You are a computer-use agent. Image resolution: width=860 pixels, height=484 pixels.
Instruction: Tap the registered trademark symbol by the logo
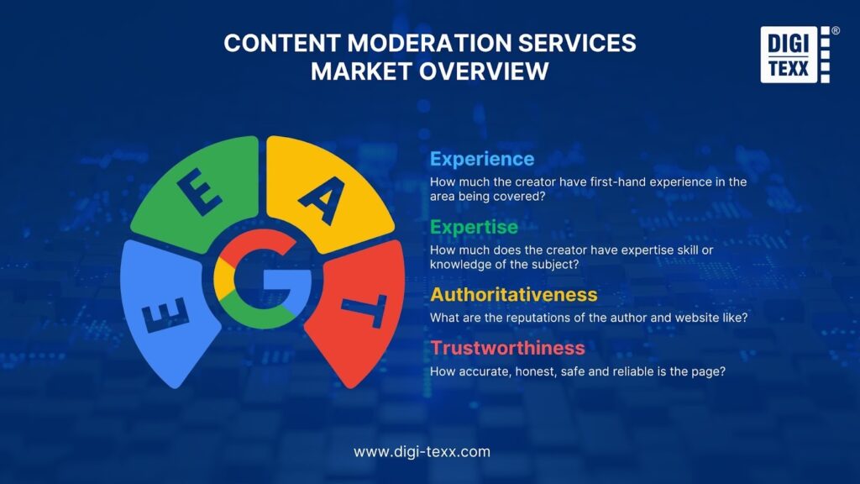(x=836, y=31)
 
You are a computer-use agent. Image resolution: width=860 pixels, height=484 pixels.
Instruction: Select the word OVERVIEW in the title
(x=483, y=71)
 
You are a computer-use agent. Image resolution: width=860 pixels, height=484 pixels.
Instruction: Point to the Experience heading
(x=482, y=159)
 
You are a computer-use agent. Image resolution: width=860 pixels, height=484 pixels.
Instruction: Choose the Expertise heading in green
(x=474, y=227)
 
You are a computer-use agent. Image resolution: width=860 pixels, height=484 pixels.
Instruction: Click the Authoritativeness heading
(x=514, y=295)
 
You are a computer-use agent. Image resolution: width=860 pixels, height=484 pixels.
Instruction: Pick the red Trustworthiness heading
(x=508, y=348)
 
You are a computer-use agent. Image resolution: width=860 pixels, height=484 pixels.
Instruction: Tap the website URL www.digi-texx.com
(x=422, y=451)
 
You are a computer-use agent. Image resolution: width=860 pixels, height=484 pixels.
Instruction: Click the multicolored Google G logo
(x=263, y=279)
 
